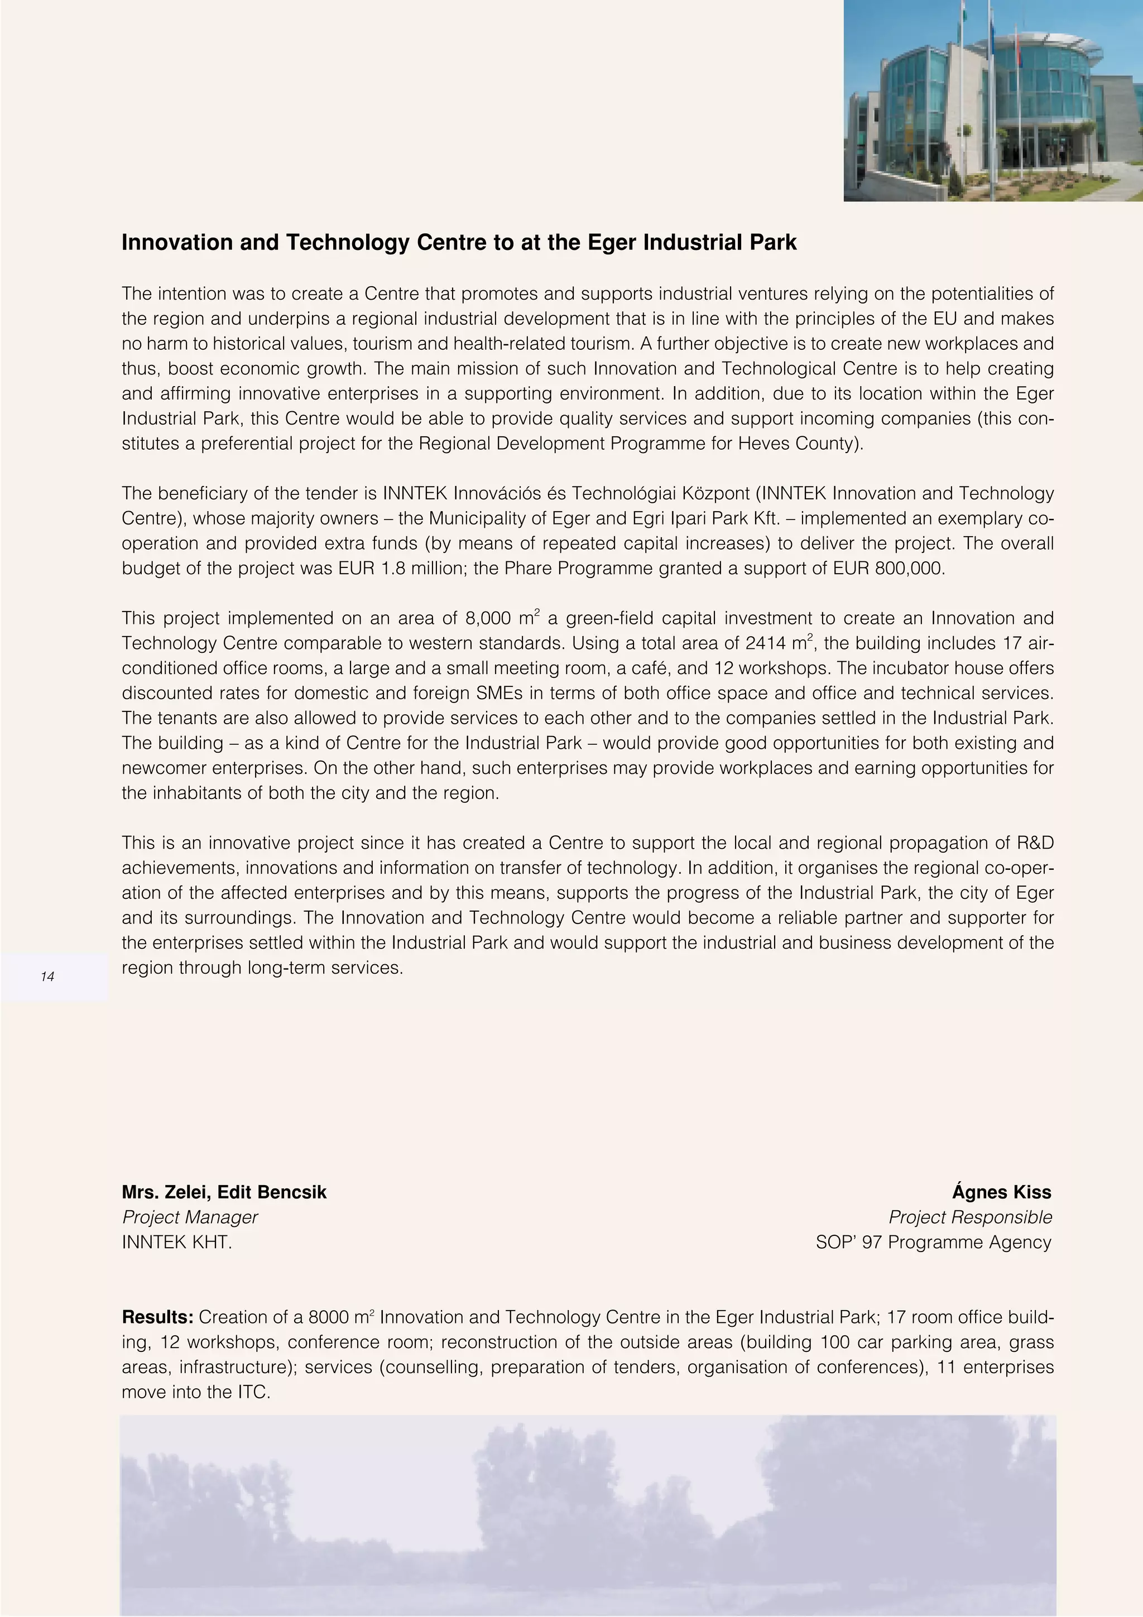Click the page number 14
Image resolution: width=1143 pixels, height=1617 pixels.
(48, 976)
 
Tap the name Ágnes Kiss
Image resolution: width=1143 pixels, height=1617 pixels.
(1001, 1192)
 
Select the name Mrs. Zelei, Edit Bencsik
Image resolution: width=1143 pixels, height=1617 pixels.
(224, 1192)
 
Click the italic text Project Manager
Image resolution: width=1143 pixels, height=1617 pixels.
(189, 1217)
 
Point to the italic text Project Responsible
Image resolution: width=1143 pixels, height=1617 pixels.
(970, 1217)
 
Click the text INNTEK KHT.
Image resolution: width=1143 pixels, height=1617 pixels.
(177, 1243)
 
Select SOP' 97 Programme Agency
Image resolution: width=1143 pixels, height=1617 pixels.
(933, 1243)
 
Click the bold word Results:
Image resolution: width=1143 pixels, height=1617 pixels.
(157, 1317)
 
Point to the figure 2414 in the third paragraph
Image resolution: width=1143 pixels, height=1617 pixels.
(766, 643)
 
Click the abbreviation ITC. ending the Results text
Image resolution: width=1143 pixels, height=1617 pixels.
(254, 1392)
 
